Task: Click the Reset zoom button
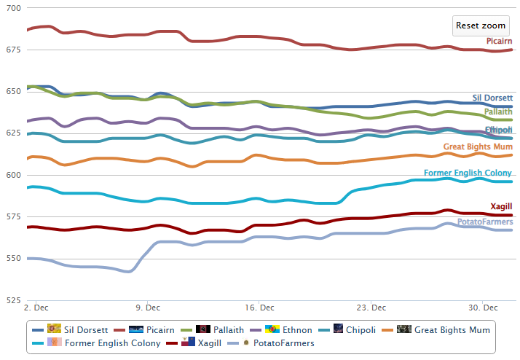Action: [x=480, y=26]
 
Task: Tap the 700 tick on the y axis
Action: [x=13, y=8]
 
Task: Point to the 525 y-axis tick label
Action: [x=13, y=300]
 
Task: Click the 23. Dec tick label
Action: [x=369, y=308]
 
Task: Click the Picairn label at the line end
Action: [x=500, y=42]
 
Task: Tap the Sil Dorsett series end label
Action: [x=492, y=98]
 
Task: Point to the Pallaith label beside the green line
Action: [x=498, y=113]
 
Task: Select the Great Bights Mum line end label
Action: [x=478, y=147]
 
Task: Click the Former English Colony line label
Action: [x=468, y=173]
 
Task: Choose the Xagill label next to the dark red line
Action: [x=500, y=207]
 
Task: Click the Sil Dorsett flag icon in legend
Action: [x=54, y=329]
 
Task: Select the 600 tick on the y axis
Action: [x=13, y=175]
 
